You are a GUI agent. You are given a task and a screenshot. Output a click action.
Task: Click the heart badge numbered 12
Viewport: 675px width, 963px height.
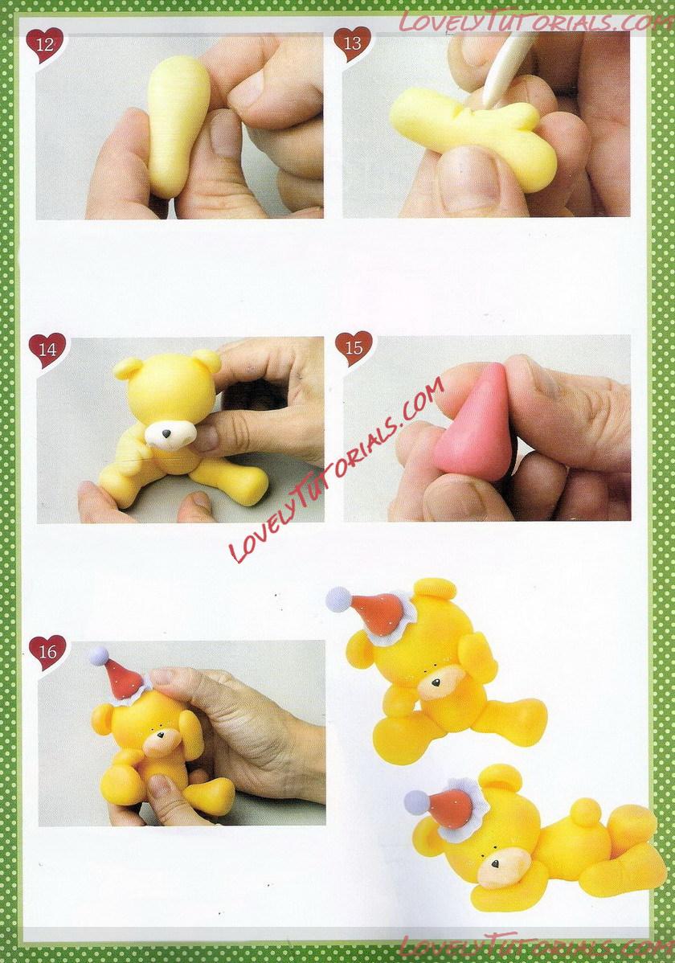click(45, 45)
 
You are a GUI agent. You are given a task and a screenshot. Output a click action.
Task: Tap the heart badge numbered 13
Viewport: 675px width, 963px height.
click(352, 43)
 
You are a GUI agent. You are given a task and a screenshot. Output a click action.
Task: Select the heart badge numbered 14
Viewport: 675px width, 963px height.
click(47, 350)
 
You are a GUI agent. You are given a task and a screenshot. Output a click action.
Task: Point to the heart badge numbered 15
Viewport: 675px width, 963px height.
click(354, 348)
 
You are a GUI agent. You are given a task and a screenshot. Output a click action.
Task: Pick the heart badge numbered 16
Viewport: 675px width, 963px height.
click(47, 652)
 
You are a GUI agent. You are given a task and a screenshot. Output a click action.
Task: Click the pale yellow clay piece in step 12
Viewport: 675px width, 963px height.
click(178, 123)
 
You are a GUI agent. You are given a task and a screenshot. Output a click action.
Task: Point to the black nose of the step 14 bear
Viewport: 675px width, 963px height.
click(166, 433)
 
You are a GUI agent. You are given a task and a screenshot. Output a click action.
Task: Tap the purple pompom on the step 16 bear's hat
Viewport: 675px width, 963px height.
click(98, 655)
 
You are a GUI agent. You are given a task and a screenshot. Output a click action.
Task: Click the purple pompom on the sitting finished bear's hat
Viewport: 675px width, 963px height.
click(338, 599)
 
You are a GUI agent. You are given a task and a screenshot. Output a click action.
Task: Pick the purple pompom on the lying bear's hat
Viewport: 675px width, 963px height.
click(418, 802)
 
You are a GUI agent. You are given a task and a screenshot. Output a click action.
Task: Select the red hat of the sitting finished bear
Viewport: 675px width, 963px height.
click(376, 610)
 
